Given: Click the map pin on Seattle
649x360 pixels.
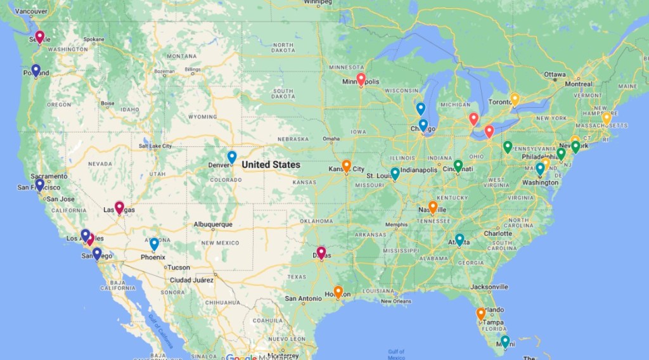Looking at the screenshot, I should pos(39,37).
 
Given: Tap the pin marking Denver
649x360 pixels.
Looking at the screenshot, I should pos(232,157).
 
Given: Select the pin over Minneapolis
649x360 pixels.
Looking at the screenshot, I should pos(361,79).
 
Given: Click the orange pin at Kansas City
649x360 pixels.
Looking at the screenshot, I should pos(347,165).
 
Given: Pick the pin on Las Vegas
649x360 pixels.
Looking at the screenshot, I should pos(119,207).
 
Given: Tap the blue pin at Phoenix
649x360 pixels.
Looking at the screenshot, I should pos(154,243).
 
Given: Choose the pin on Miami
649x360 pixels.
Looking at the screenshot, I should pos(504,341).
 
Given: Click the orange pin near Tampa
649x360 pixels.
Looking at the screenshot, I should pos(480,313).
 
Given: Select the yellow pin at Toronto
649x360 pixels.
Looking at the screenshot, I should pos(515,99).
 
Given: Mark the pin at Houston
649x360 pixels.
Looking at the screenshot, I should pos(338,292).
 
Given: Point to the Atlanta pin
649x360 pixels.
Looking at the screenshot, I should pos(459,240).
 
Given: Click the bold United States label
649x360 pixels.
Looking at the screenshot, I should pos(271,165).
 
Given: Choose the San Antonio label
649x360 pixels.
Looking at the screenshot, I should pos(304,299).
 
